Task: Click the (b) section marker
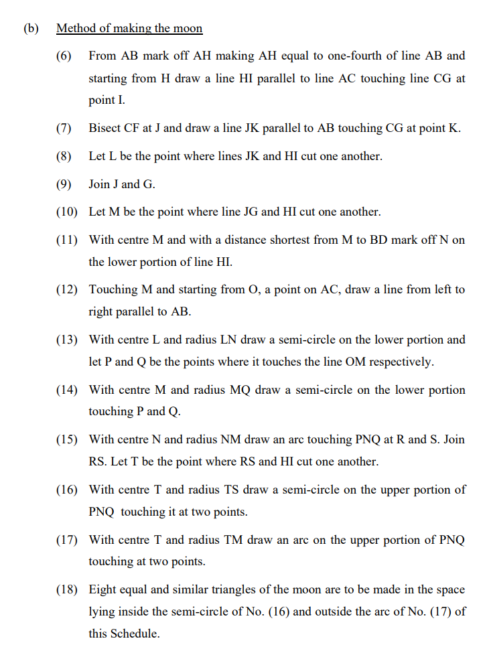pos(30,29)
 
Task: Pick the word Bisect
pos(105,129)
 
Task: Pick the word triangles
pos(231,589)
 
